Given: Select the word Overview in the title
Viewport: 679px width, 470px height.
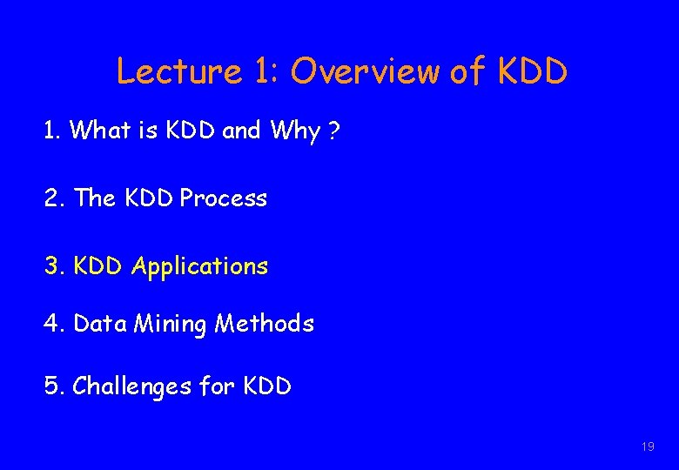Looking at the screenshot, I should (366, 71).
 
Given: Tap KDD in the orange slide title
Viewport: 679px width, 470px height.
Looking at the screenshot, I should (532, 71).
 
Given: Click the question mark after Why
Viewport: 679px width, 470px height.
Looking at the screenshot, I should (333, 131).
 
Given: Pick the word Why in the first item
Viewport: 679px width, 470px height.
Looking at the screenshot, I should (294, 131).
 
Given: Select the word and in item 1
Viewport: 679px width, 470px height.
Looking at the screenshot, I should (241, 131).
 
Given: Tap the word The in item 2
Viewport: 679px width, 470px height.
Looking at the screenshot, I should (95, 198).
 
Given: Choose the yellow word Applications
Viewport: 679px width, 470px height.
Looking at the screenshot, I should (199, 266).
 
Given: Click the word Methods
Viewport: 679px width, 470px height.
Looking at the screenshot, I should (265, 324).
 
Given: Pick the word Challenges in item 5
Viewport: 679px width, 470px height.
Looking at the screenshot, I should (132, 386).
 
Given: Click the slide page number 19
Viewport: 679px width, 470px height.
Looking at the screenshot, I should (647, 446).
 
